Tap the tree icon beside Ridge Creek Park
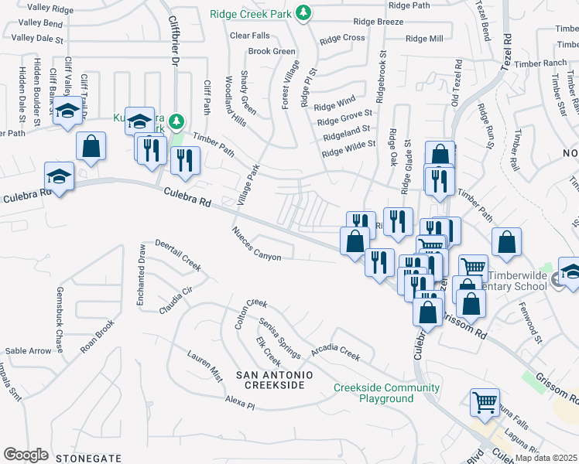coord(305,13)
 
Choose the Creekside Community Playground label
coord(386,393)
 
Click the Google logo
coord(26,455)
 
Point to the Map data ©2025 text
coord(546,458)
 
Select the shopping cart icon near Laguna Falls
coord(485,402)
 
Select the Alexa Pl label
coord(239,403)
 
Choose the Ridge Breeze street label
coord(378,22)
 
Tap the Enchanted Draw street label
coord(141,275)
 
